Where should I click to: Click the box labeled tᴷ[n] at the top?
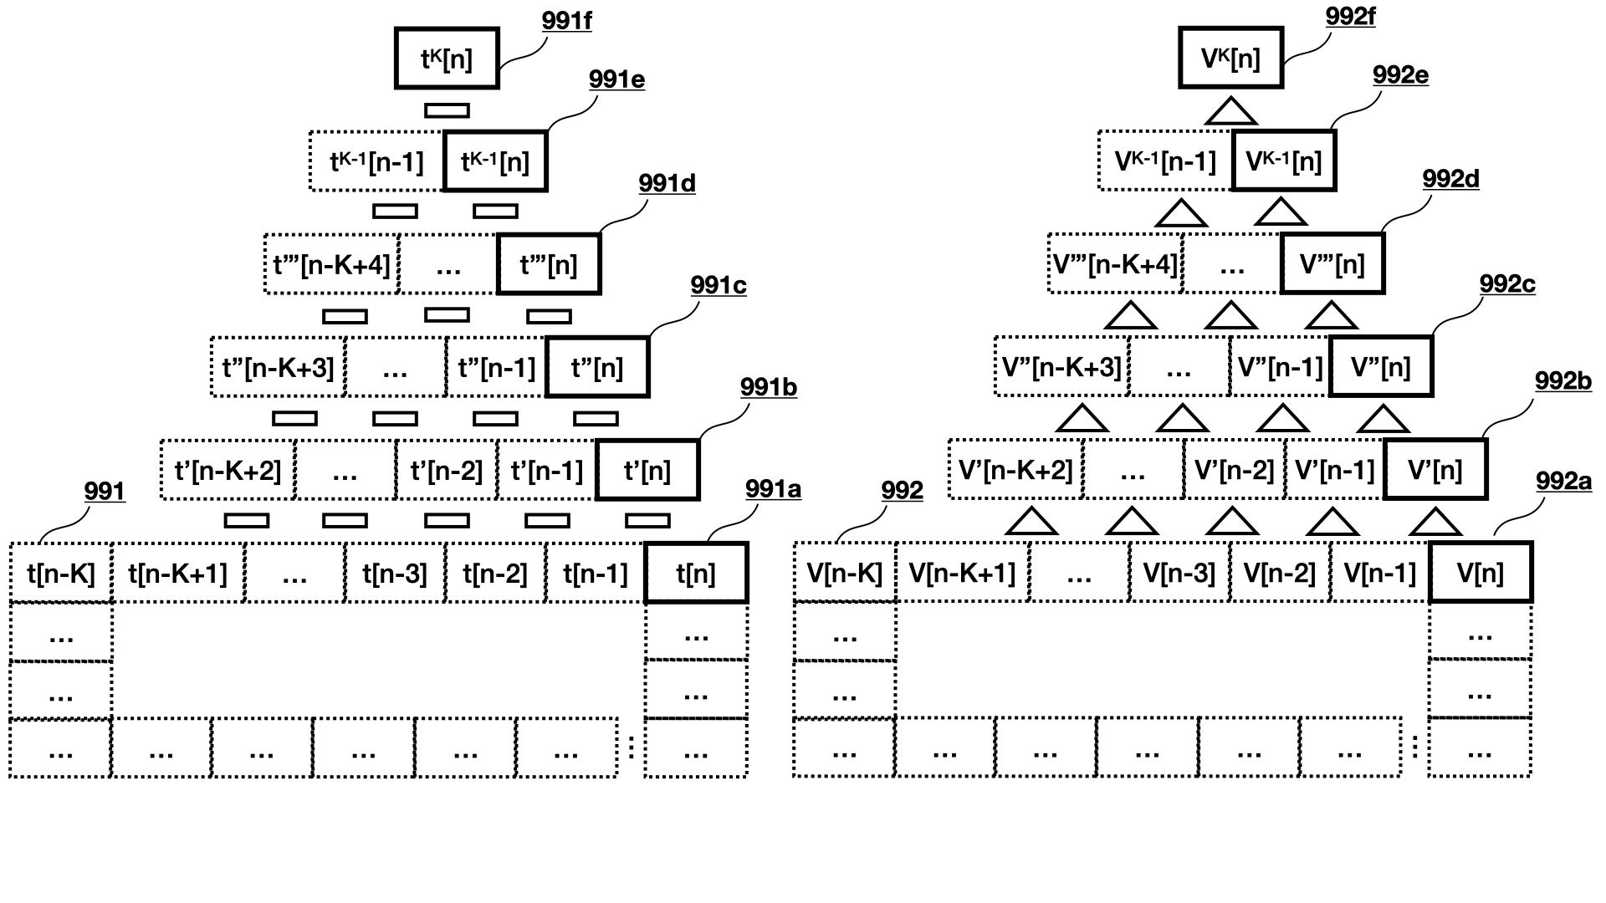447,59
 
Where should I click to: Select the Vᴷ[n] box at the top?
1230,59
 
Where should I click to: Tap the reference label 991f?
566,21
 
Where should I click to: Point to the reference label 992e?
1400,75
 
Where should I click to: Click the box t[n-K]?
61,574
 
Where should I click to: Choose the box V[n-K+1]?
962,574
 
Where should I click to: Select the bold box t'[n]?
647,471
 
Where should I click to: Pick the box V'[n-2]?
1235,471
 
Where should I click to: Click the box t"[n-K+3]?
278,368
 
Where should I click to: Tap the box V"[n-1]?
1280,368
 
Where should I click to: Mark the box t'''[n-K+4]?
332,265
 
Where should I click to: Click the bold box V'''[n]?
1332,265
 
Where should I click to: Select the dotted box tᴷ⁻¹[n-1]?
376,161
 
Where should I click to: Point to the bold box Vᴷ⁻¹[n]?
1284,161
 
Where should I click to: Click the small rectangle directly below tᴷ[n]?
447,110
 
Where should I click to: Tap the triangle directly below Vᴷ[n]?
1230,112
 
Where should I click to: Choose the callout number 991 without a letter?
105,492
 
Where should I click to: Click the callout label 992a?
1563,482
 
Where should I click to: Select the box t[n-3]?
395,574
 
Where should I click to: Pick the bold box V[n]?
1481,574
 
